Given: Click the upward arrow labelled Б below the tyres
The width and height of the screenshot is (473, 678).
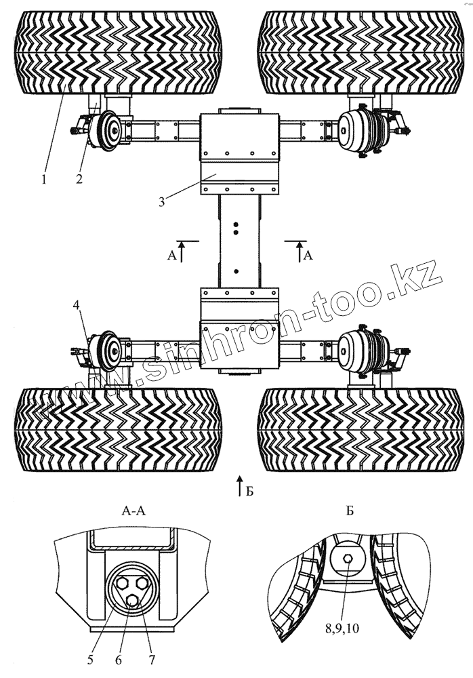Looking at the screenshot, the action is [239, 486].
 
